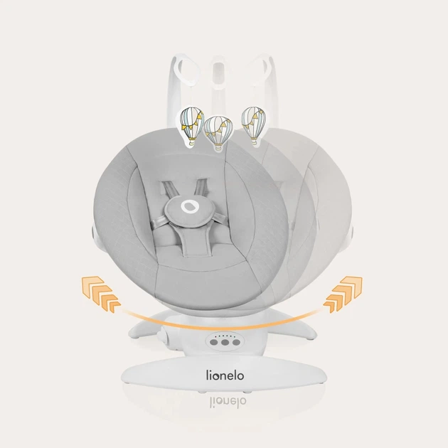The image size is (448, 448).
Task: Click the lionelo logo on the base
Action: pyautogui.click(x=225, y=375)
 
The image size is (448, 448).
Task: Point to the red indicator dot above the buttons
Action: pyautogui.click(x=215, y=336)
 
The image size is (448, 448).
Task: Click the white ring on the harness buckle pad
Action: pyautogui.click(x=189, y=206)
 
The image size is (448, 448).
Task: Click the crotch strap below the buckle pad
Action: pyautogui.click(x=190, y=242)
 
